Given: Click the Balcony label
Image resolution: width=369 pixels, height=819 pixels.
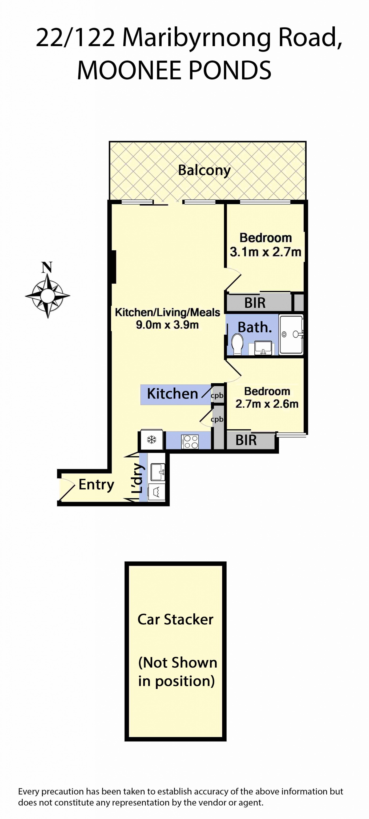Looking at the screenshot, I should (204, 170).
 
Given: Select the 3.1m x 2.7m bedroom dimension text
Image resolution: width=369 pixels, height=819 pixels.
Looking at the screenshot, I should (265, 252).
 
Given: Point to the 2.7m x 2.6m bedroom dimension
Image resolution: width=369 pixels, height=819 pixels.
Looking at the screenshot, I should (267, 404).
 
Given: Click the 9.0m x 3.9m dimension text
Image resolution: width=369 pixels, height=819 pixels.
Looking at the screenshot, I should (167, 325).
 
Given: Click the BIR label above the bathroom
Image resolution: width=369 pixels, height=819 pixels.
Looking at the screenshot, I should (255, 303).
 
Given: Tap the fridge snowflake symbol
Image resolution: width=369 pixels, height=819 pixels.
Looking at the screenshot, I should (152, 440).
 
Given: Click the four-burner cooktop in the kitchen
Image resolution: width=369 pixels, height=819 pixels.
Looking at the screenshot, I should (190, 441).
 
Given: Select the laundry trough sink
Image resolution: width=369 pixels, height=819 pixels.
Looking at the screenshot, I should (158, 472).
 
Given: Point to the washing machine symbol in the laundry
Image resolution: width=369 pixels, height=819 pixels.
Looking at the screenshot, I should (157, 492).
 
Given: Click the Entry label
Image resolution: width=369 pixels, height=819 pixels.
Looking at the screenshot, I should (96, 484).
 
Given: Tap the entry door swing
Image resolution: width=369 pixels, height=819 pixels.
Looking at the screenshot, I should (67, 492).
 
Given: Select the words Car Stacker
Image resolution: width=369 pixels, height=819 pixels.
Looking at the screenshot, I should (175, 619).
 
